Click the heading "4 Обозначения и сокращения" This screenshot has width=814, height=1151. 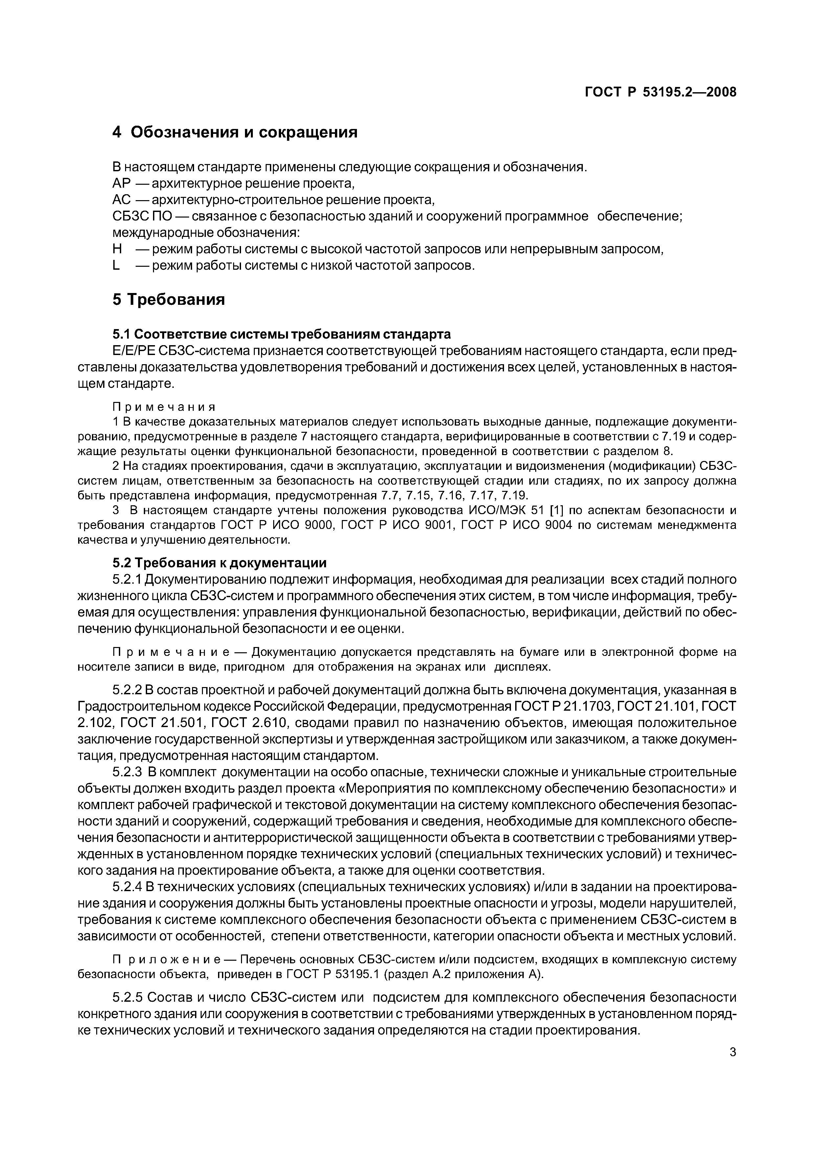tap(235, 132)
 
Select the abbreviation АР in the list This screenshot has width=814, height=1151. tap(121, 183)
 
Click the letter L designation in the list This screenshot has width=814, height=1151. tap(116, 266)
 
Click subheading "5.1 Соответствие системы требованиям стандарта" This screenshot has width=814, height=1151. tap(281, 334)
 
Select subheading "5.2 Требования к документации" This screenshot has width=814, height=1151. tap(219, 563)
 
